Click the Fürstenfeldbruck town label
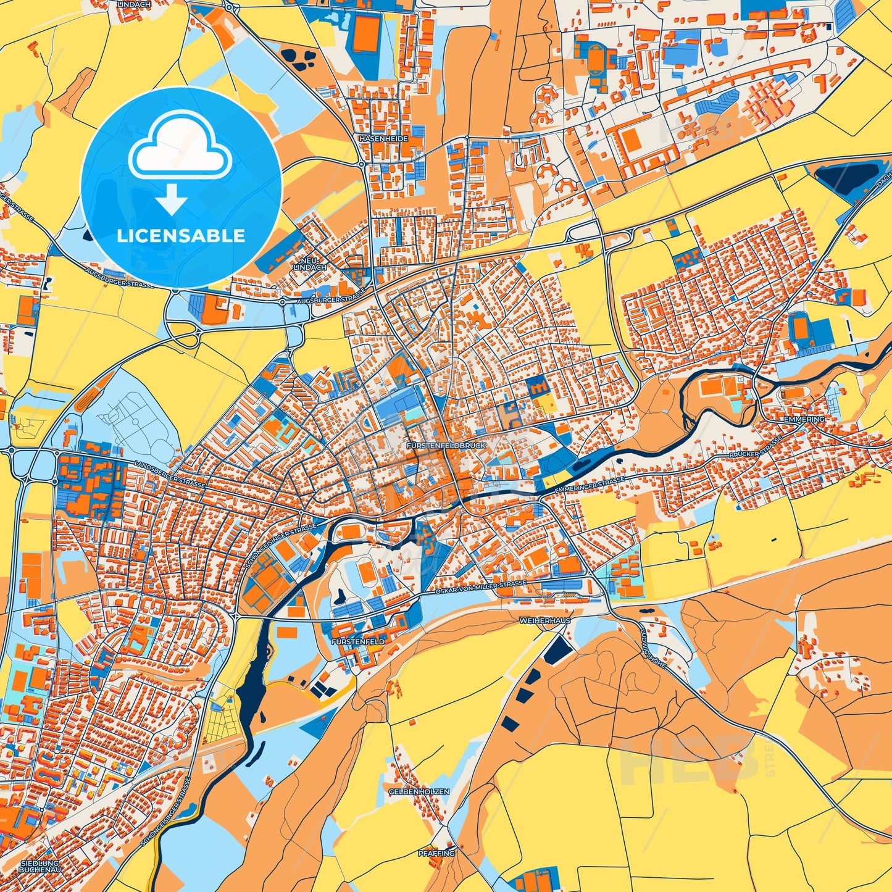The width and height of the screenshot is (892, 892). (446, 445)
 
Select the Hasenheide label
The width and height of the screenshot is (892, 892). (383, 139)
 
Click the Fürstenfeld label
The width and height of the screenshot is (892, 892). (358, 642)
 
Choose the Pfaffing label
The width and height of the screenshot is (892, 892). (436, 853)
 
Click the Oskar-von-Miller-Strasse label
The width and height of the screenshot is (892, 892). (481, 587)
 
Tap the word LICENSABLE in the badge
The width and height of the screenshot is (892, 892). (181, 236)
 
